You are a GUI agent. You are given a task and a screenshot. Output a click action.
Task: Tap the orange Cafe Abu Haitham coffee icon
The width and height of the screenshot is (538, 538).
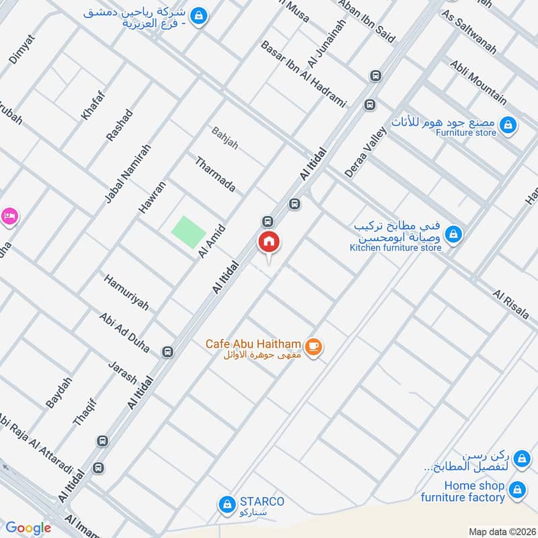click(x=313, y=346)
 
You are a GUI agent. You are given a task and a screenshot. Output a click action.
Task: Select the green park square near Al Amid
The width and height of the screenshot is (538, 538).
click(x=188, y=231)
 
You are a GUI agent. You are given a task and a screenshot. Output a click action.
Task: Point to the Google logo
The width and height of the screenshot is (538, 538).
click(x=28, y=528)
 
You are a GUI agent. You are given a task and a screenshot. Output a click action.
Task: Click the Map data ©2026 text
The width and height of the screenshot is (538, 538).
click(x=501, y=531)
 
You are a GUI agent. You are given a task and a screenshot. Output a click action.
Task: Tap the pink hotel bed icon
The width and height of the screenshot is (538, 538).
click(x=9, y=216)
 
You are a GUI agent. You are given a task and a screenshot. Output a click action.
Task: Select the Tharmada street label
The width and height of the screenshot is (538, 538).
click(x=215, y=174)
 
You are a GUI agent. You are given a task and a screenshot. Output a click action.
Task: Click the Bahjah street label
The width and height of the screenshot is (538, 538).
click(x=225, y=138)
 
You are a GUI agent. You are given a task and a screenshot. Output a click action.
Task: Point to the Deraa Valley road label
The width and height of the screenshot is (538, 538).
click(x=367, y=154)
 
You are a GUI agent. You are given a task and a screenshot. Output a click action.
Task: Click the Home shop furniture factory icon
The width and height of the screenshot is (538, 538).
click(x=517, y=489)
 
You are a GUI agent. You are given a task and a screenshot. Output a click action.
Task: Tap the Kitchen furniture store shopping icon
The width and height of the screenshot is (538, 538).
click(x=454, y=233)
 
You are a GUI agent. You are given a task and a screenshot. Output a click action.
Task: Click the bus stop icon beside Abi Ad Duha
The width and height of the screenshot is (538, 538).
click(x=167, y=351)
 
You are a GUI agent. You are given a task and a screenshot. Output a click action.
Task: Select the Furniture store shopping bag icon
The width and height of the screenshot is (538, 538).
click(x=509, y=124)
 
